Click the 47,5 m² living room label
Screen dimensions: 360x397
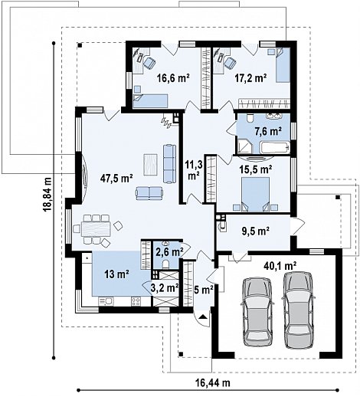[x=116, y=179]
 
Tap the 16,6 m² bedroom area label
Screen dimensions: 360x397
[x=173, y=78]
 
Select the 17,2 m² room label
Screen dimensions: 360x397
[x=250, y=78]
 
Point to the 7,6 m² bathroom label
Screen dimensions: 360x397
[x=268, y=131]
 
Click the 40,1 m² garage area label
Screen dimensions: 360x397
[x=280, y=266]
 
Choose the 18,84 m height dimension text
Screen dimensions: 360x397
[x=47, y=194]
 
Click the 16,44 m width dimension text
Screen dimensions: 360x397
[x=213, y=383]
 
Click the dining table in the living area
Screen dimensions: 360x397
[x=96, y=228]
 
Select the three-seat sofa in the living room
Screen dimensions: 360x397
[x=169, y=164]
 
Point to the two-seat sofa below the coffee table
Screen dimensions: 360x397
[x=149, y=193]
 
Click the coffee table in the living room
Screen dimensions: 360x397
[x=150, y=165]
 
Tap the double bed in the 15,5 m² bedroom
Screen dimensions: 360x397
[x=255, y=195]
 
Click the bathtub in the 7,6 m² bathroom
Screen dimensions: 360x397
[x=275, y=148]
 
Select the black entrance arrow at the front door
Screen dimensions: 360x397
[x=203, y=317]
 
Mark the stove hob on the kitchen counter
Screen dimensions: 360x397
[x=136, y=301]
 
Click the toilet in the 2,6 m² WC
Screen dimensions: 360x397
[x=165, y=264]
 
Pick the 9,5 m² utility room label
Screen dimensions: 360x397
[x=255, y=231]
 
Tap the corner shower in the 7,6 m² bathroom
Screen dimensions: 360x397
[x=245, y=147]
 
